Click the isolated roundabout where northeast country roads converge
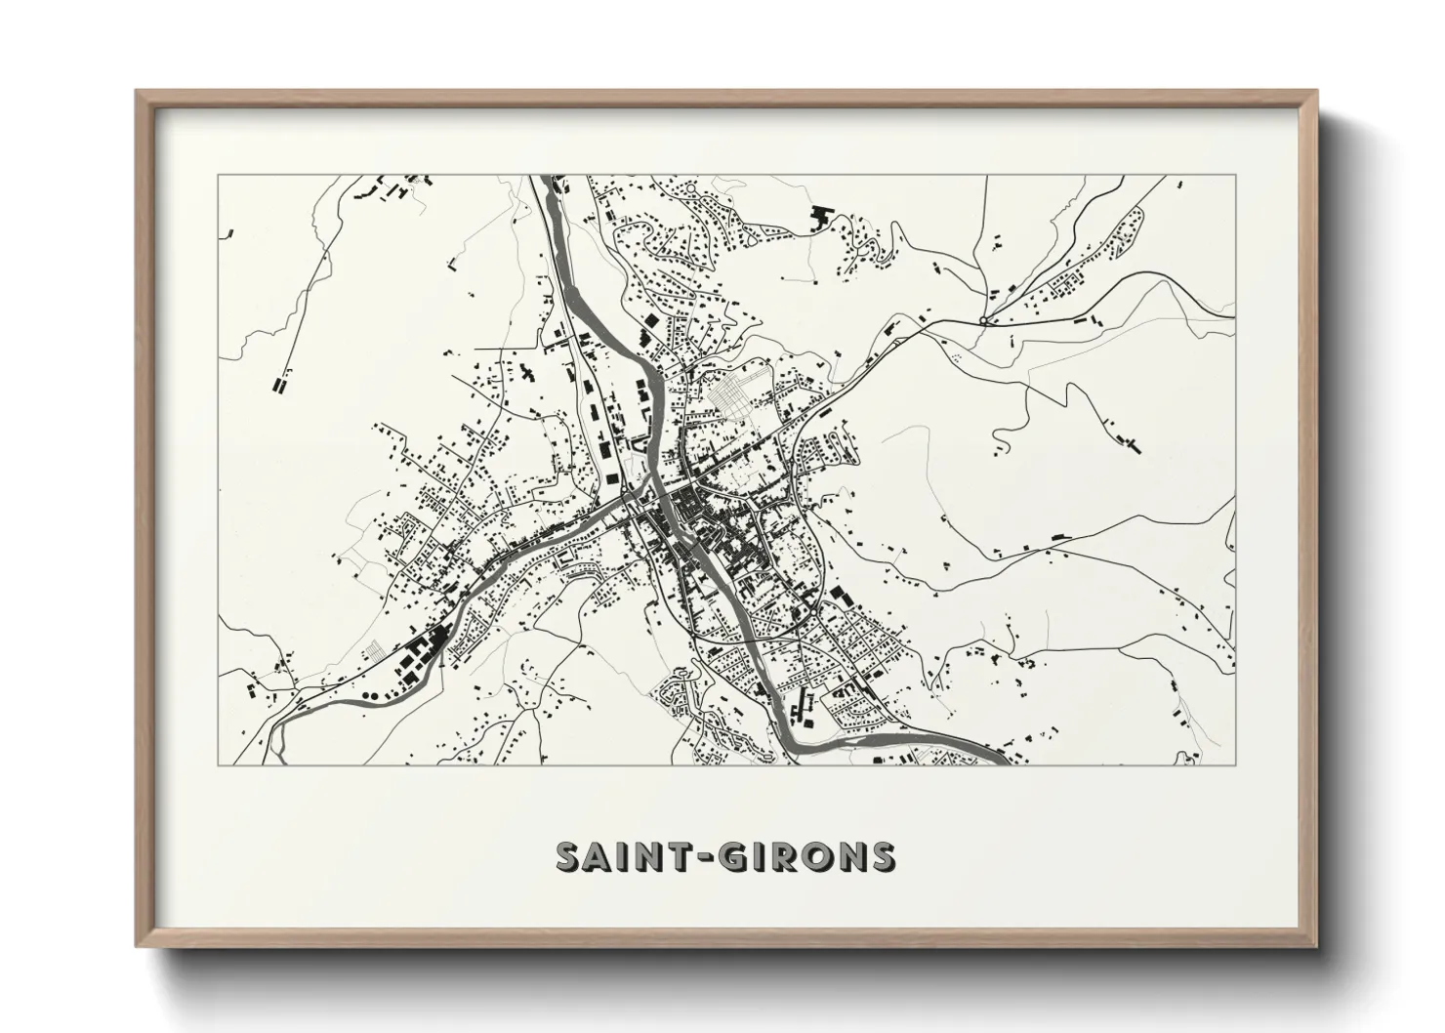[x=983, y=319]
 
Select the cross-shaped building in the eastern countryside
[x=1133, y=443]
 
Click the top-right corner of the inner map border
[x=1235, y=176]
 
